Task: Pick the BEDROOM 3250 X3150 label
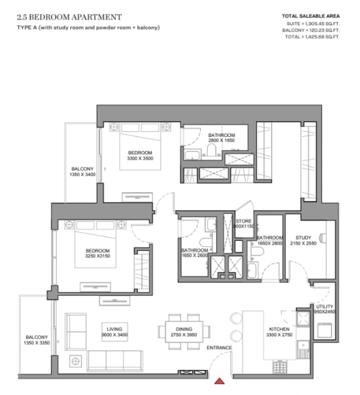click(96, 250)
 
